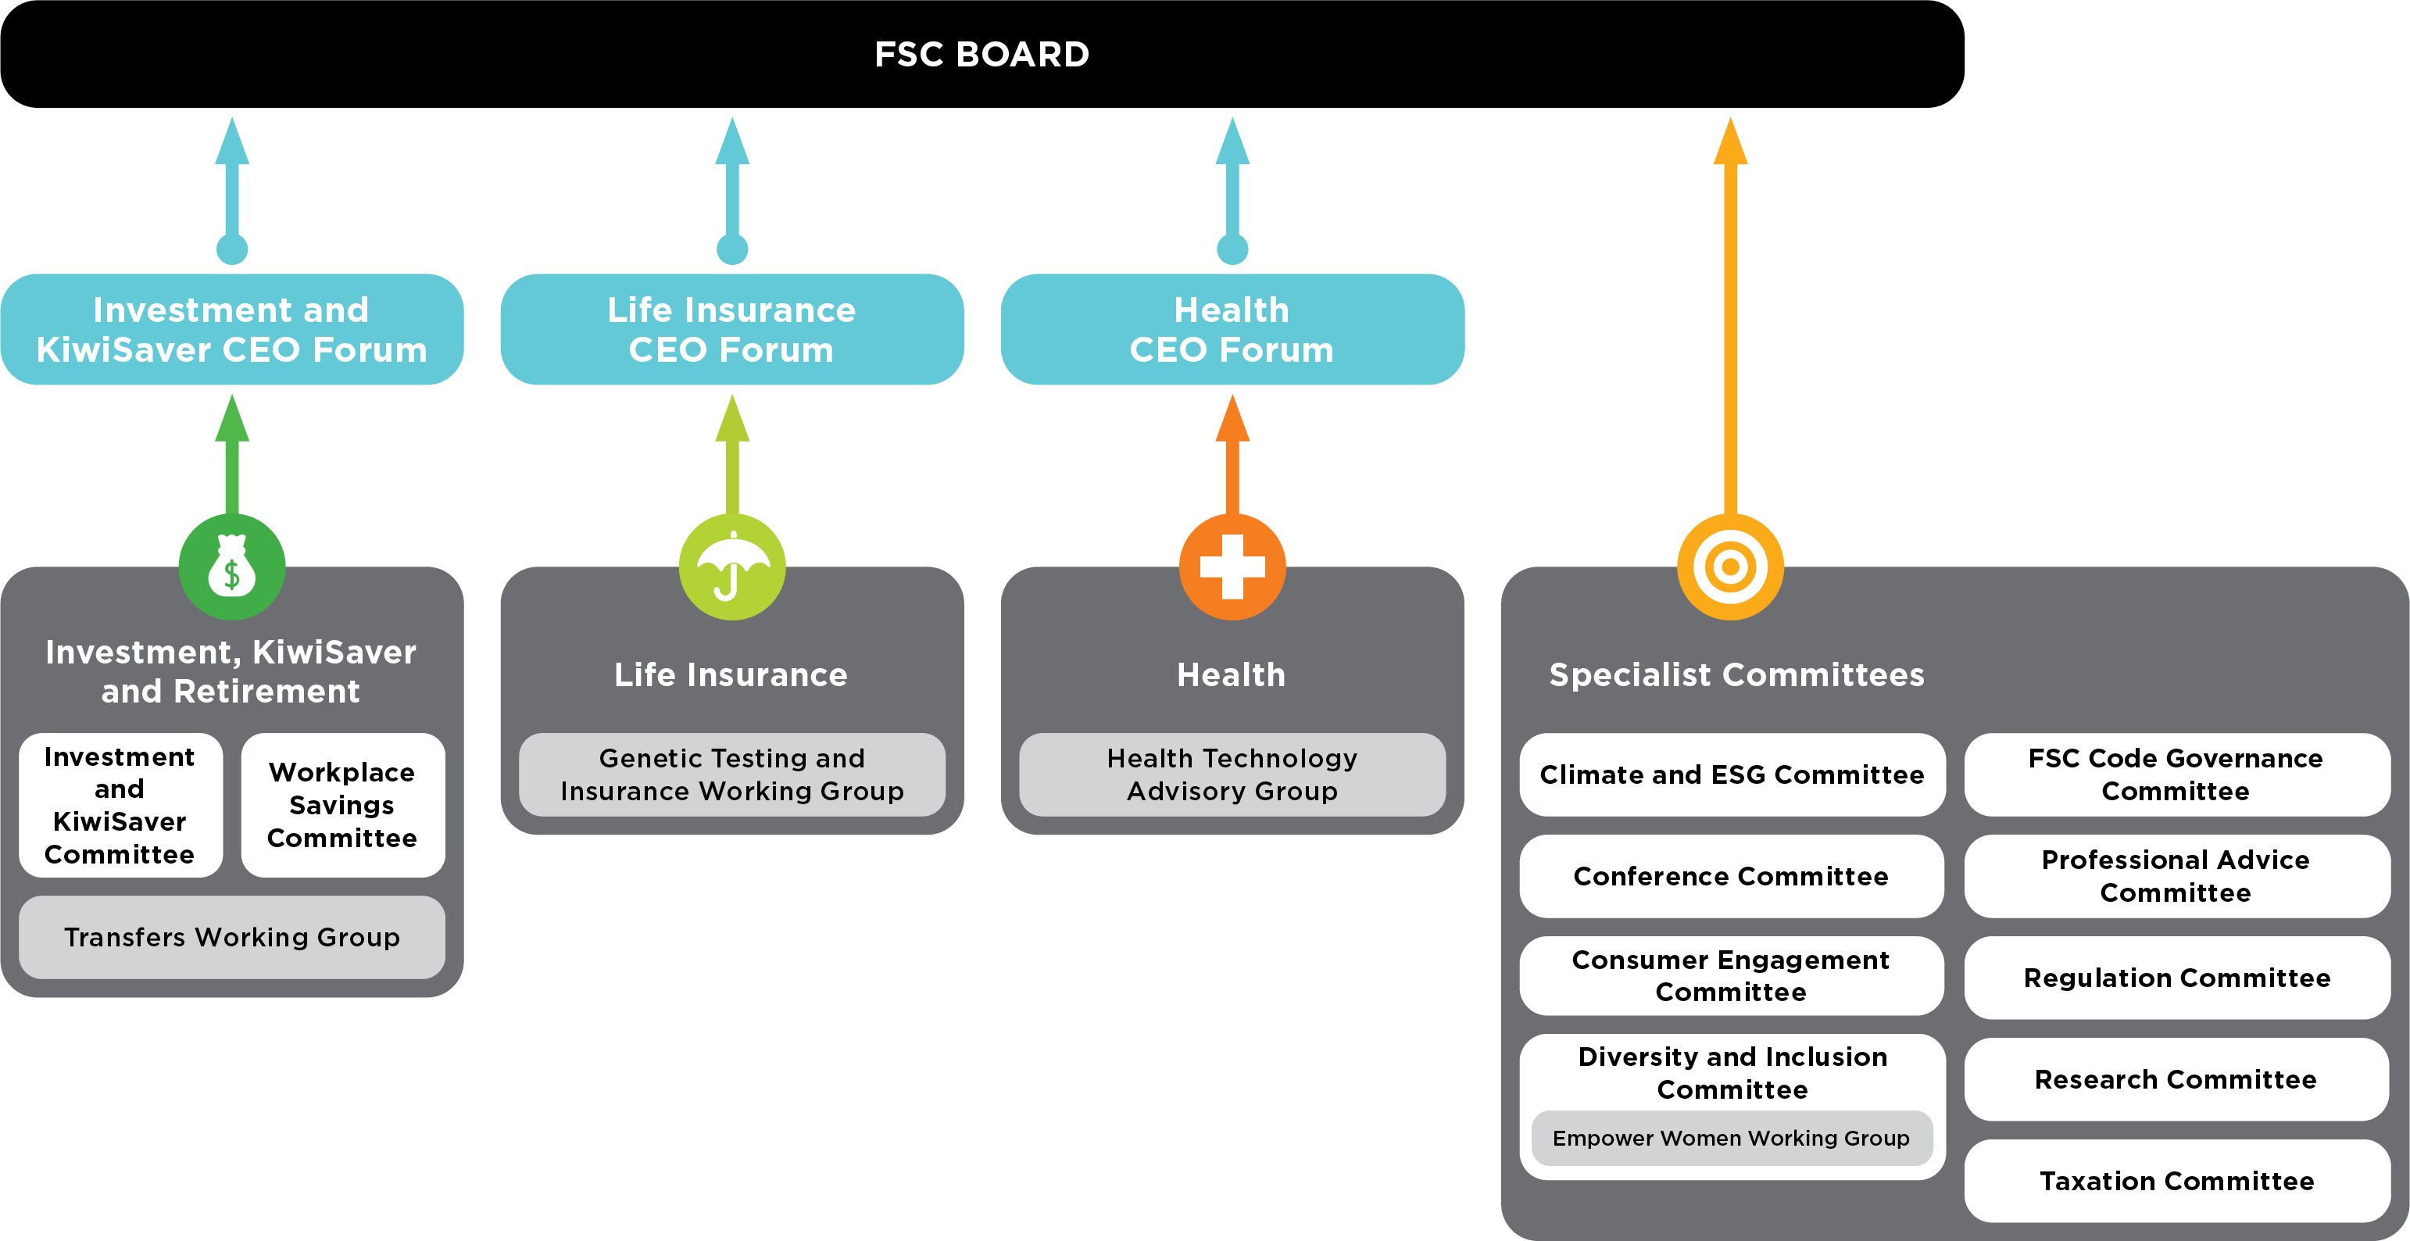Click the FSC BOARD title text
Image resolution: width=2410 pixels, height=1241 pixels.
[x=982, y=54]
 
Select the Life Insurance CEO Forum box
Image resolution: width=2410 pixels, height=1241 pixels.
[x=731, y=330]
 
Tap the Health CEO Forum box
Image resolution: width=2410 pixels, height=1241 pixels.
[x=1232, y=330]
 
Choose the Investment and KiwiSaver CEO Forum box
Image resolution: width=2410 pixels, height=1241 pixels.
[x=231, y=330]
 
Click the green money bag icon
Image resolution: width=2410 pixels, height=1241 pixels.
[x=231, y=567]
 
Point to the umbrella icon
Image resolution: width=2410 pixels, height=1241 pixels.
[x=731, y=567]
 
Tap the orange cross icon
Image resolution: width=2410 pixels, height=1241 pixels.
[x=1232, y=567]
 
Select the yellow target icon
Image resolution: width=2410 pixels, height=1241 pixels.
[x=1730, y=567]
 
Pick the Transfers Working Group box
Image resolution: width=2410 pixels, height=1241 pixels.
[x=231, y=938]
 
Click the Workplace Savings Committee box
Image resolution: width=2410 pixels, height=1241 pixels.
[x=342, y=805]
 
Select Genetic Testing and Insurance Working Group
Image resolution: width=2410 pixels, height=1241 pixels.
[x=731, y=775]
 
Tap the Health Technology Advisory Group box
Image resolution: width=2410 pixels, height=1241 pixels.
[x=1232, y=775]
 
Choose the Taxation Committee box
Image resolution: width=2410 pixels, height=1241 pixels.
[x=2176, y=1181]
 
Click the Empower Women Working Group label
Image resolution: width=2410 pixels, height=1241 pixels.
[x=1731, y=1138]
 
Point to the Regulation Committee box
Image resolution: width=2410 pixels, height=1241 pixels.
[x=2176, y=978]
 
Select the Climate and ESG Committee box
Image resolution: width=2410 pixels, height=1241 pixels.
[x=1731, y=775]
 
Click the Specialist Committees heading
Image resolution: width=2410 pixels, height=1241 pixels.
[x=1736, y=674]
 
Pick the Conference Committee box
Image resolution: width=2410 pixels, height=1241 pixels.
[x=1731, y=877]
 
